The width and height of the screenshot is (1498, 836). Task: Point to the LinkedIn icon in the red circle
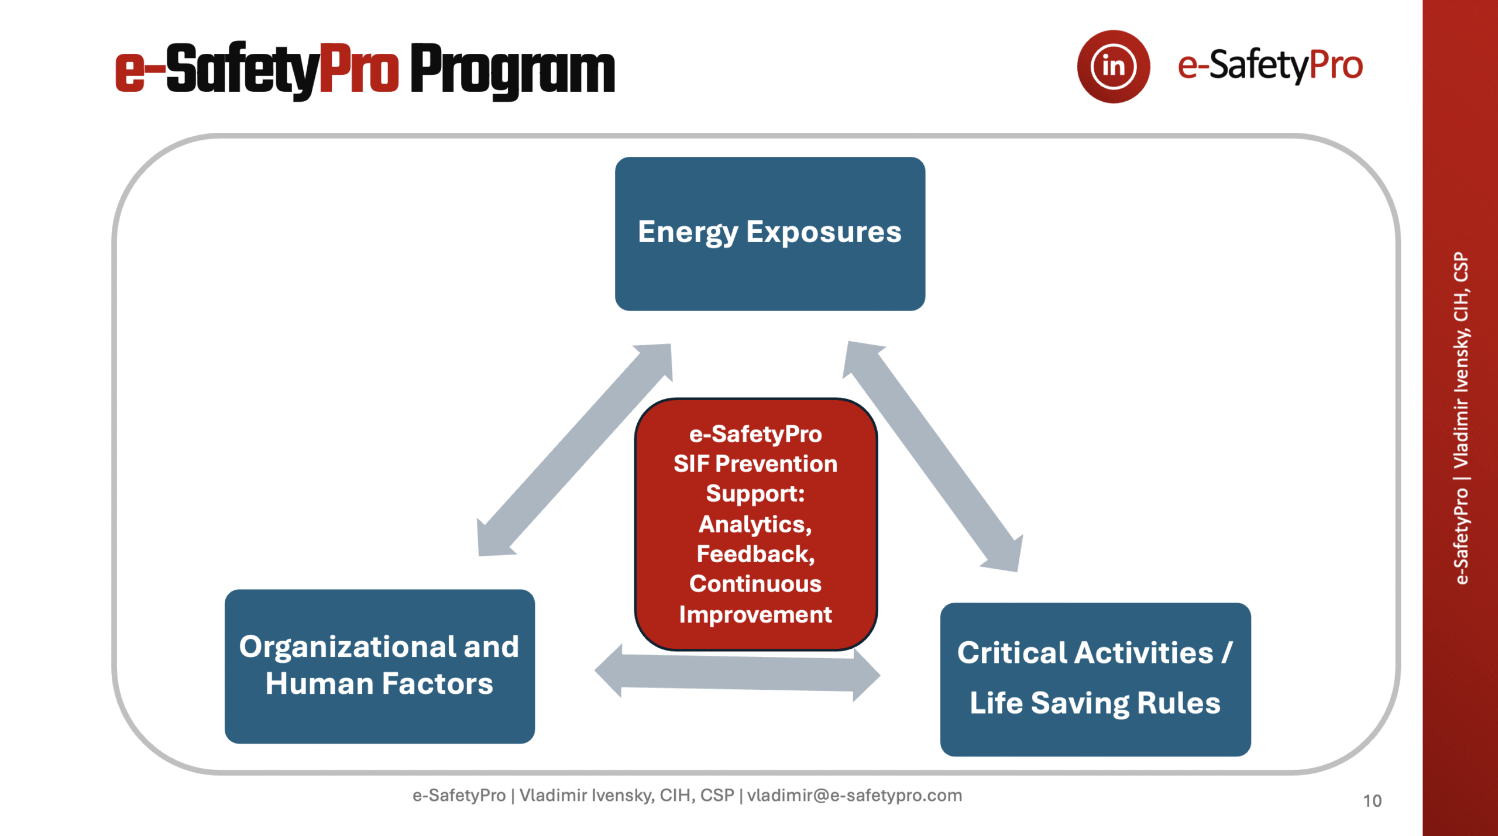pyautogui.click(x=1113, y=66)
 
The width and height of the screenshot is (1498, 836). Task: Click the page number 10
pyautogui.click(x=1372, y=801)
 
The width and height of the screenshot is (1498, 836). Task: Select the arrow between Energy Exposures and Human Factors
pyautogui.click(x=575, y=449)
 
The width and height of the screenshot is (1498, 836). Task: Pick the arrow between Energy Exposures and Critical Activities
pyautogui.click(x=933, y=456)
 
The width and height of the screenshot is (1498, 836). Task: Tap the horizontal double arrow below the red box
pyautogui.click(x=737, y=673)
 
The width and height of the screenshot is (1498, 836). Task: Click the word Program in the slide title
pyautogui.click(x=512, y=70)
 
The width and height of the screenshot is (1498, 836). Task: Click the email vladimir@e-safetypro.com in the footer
pyautogui.click(x=854, y=796)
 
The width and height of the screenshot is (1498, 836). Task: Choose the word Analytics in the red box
pyautogui.click(x=755, y=524)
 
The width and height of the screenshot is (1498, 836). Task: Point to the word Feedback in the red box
pyautogui.click(x=755, y=554)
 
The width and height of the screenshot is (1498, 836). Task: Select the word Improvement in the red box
pyautogui.click(x=755, y=614)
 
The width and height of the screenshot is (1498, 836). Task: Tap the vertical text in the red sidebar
pyautogui.click(x=1461, y=418)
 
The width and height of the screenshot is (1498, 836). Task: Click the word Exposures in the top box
pyautogui.click(x=823, y=232)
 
